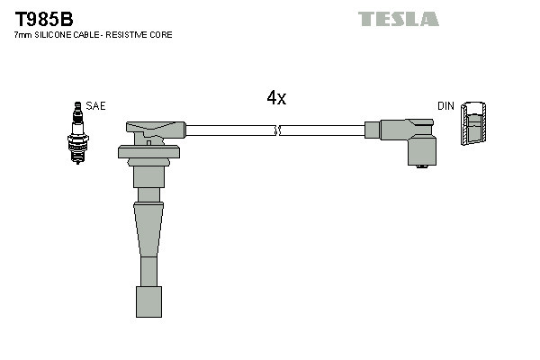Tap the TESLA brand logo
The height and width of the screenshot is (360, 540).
tap(398, 19)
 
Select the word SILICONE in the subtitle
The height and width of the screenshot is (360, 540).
tap(58, 34)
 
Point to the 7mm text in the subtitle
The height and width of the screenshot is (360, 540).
tap(23, 34)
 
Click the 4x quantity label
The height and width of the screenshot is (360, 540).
tap(276, 98)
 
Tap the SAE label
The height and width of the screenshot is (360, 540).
tap(96, 106)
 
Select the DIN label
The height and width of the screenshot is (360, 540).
tap(445, 106)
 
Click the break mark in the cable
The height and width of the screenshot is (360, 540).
tap(279, 130)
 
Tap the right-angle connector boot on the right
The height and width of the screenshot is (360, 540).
tap(409, 139)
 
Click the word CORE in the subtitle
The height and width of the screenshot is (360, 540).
tap(160, 34)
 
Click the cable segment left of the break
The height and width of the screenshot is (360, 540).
tap(229, 130)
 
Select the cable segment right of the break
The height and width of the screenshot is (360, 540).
tap(324, 130)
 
